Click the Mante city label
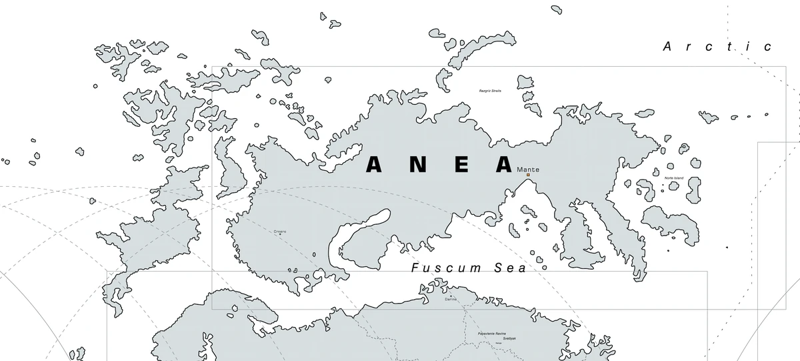528,169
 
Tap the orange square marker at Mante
527,175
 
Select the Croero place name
280,232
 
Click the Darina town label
451,300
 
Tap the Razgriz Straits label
490,90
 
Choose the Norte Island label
674,178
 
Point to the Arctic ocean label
717,47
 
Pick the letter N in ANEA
417,164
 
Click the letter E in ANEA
460,164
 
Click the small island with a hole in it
683,147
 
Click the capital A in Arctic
668,47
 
